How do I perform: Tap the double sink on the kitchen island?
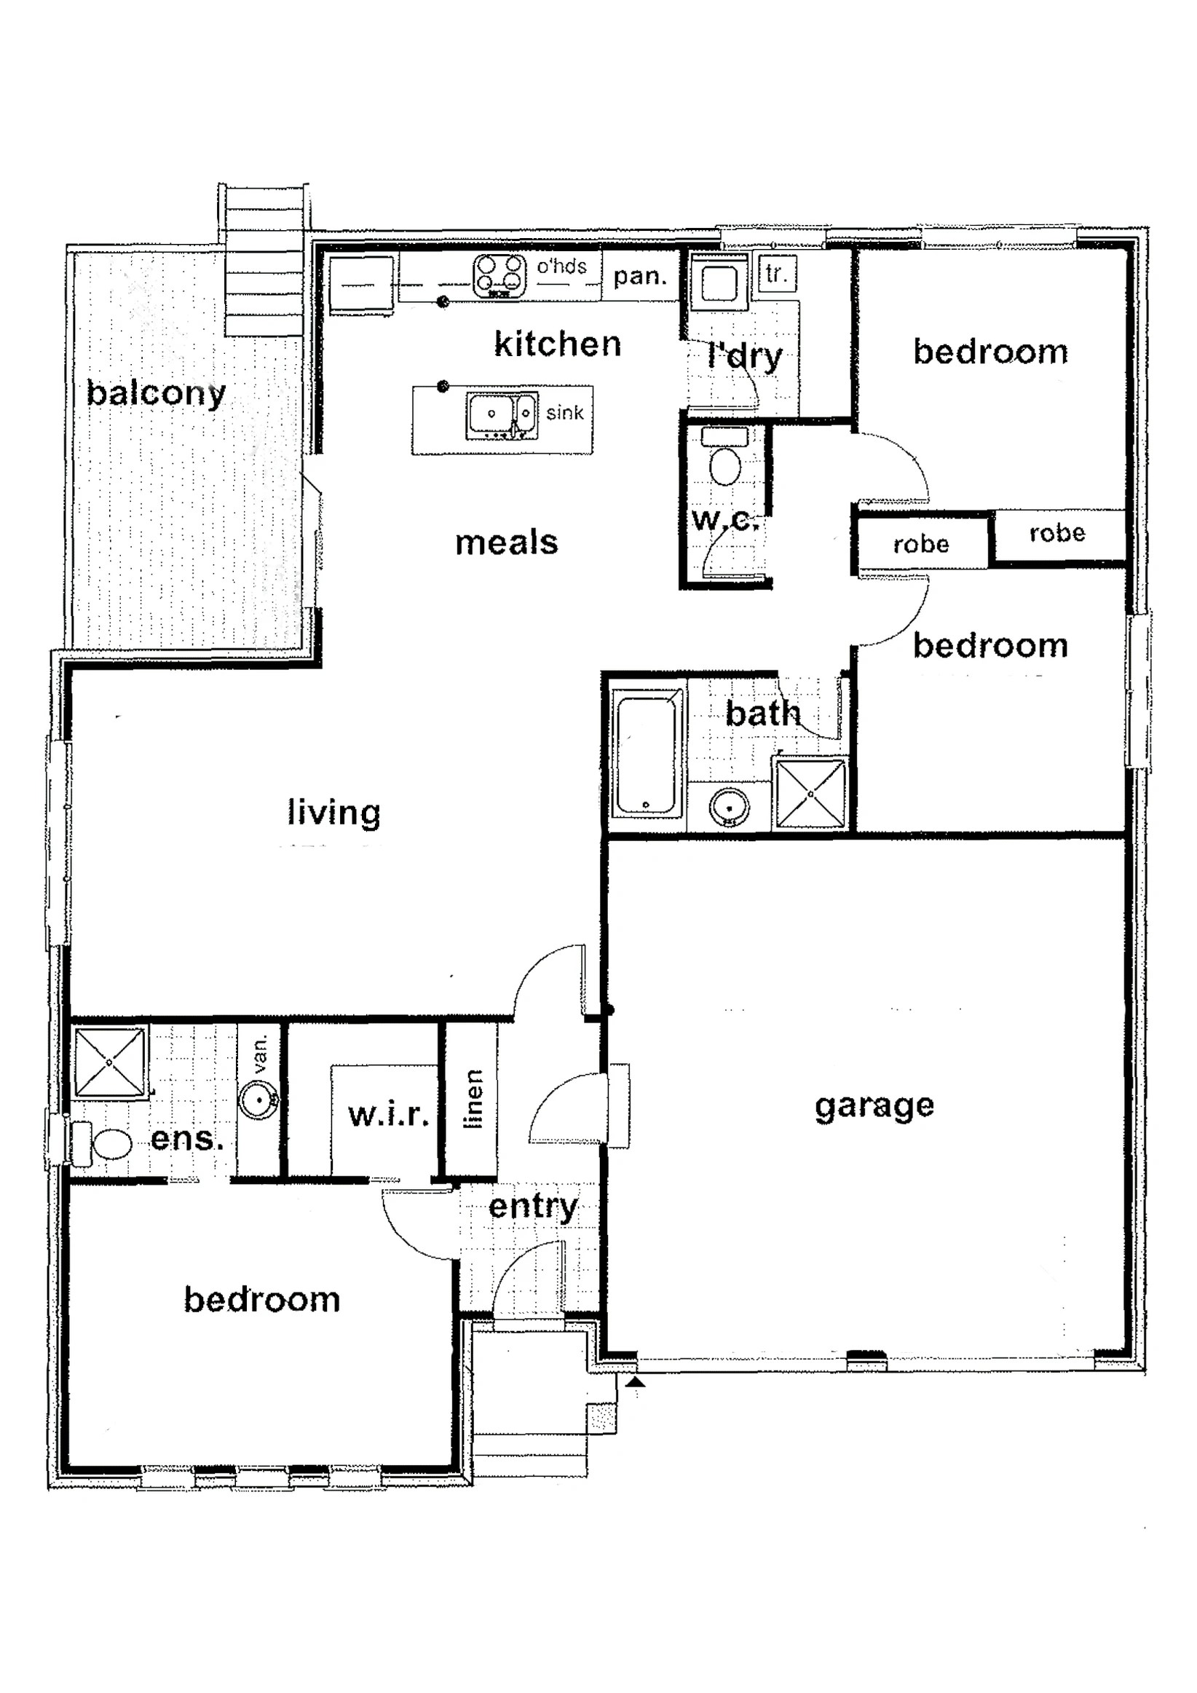(501, 415)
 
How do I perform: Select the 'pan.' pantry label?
(639, 277)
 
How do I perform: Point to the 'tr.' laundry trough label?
(776, 275)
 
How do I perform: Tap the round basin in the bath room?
(729, 808)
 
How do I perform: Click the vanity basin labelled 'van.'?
(259, 1100)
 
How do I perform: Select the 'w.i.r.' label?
(388, 1115)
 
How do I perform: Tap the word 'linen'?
(473, 1099)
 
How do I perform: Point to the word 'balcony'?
(156, 393)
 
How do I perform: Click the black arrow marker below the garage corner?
(635, 1383)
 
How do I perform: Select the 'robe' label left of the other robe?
(920, 544)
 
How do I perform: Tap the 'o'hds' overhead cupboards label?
(561, 267)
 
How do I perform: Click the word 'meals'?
(507, 542)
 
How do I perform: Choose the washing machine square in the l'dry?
(719, 281)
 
